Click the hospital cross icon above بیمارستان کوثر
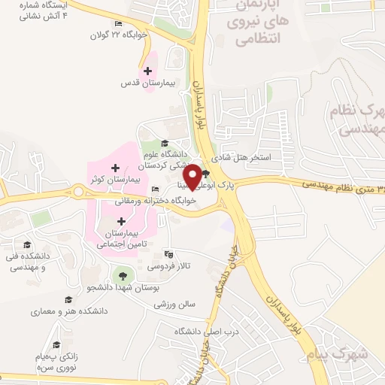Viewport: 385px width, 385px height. [x=114, y=167]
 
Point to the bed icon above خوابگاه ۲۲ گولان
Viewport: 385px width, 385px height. [x=118, y=23]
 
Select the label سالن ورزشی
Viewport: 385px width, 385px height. [x=174, y=305]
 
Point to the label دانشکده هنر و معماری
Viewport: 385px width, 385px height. [x=69, y=311]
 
